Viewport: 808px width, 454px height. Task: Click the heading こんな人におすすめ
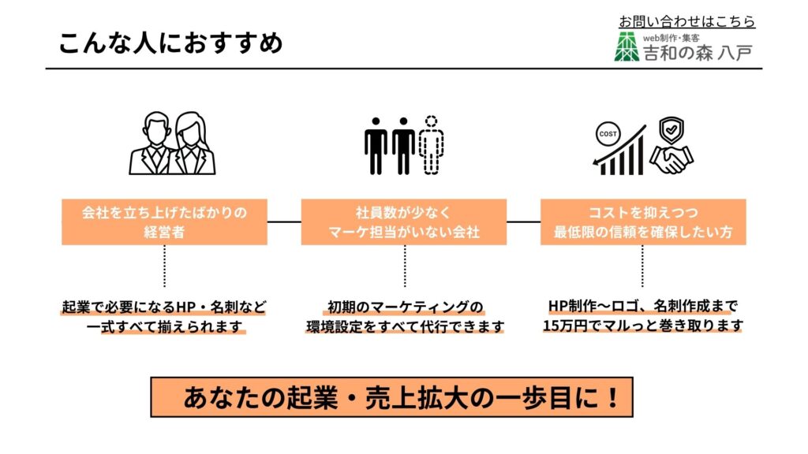coord(170,42)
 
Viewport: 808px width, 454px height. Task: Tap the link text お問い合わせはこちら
coord(686,21)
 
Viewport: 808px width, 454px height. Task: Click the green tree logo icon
coord(628,47)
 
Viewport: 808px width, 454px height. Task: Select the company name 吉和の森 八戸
coord(698,52)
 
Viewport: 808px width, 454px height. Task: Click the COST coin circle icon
coord(608,134)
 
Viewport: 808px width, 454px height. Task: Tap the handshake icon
coord(671,162)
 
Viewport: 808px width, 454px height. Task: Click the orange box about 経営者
coord(164,222)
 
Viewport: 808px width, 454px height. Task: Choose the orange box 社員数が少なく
coord(404,222)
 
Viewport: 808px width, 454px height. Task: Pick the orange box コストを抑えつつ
coord(643,222)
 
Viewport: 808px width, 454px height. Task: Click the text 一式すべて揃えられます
coord(164,326)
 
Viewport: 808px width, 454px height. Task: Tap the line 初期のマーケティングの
coord(405,307)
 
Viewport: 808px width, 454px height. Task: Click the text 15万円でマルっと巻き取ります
coord(643,326)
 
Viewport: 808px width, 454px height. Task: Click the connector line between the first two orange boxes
coord(284,222)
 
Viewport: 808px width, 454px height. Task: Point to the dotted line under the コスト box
coord(642,266)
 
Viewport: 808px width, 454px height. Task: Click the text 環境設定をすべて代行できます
coord(405,326)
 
